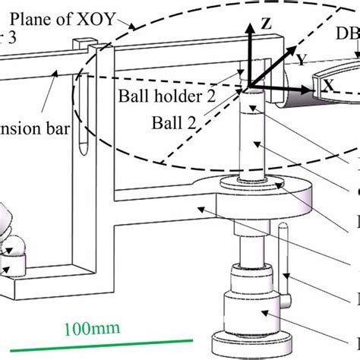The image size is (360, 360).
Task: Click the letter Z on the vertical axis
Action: (266, 24)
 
